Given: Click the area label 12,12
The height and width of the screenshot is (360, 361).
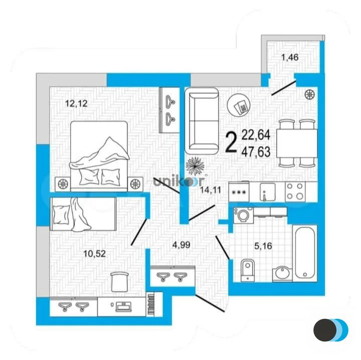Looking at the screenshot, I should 77,104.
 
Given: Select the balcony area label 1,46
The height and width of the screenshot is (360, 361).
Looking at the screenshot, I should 290,57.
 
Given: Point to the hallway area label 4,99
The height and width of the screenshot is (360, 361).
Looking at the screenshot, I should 182,245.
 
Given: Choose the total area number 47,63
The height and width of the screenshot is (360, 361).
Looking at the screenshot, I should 256,150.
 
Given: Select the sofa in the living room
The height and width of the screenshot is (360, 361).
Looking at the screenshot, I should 202,120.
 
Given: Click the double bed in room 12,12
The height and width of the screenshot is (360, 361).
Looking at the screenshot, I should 98,153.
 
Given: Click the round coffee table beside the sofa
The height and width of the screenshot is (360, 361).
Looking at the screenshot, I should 240,105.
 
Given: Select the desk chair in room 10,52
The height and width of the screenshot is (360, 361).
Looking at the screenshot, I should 119,280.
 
